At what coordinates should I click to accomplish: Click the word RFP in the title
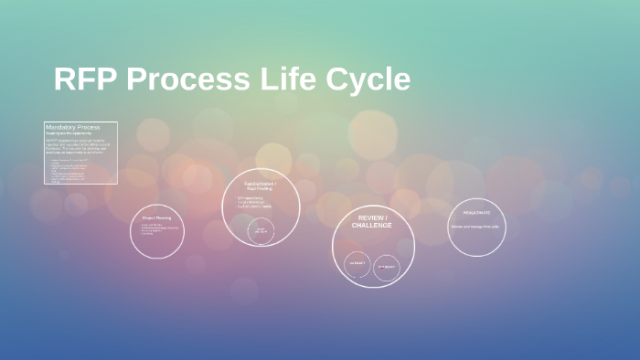click(85, 79)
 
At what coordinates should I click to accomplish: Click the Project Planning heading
click(156, 217)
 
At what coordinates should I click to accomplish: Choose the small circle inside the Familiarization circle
click(261, 230)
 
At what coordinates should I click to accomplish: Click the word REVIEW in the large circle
click(371, 218)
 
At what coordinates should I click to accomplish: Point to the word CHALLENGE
click(371, 226)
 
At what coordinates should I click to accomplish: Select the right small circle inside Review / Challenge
click(387, 267)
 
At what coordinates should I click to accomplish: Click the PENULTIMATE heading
click(476, 212)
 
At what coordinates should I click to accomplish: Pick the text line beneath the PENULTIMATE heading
click(476, 226)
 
